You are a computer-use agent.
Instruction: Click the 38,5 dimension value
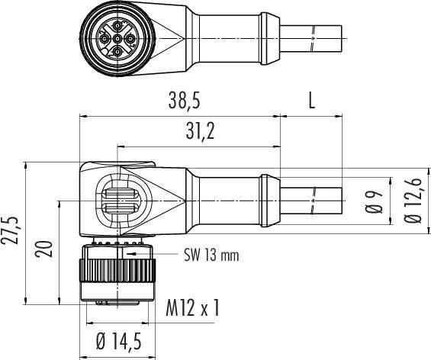tap(180, 100)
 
